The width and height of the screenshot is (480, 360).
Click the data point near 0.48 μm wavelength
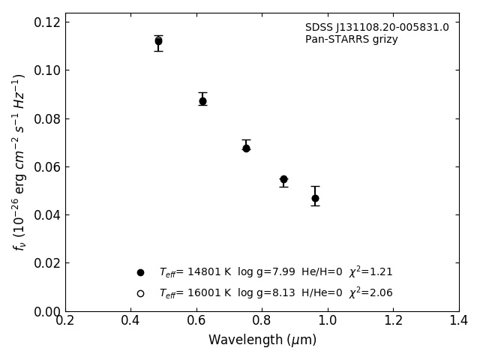[x=158, y=41]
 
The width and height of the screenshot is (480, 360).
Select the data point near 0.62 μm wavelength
[x=202, y=100]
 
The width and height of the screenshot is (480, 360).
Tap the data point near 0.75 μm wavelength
[x=246, y=148]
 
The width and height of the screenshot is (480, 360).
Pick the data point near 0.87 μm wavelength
[x=283, y=179]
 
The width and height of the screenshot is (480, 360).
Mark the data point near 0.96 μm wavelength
[x=315, y=198]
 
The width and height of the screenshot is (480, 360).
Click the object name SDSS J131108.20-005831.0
[x=376, y=28]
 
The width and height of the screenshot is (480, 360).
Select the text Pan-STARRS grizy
[x=351, y=40]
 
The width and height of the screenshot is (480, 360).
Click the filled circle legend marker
[x=140, y=272]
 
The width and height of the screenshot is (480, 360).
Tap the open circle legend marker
[x=140, y=293]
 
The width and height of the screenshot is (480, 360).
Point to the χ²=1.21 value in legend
[x=370, y=272]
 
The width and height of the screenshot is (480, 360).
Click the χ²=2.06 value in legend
[x=370, y=293]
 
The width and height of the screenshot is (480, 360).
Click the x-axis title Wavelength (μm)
[x=262, y=340]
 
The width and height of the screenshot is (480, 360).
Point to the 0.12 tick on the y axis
[x=46, y=22]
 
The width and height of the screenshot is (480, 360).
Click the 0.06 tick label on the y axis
[x=46, y=167]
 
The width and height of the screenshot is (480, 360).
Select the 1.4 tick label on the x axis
[x=458, y=320]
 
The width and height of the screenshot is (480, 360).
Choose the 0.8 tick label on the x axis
[x=262, y=320]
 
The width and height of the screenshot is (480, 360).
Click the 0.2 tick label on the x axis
[x=65, y=320]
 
